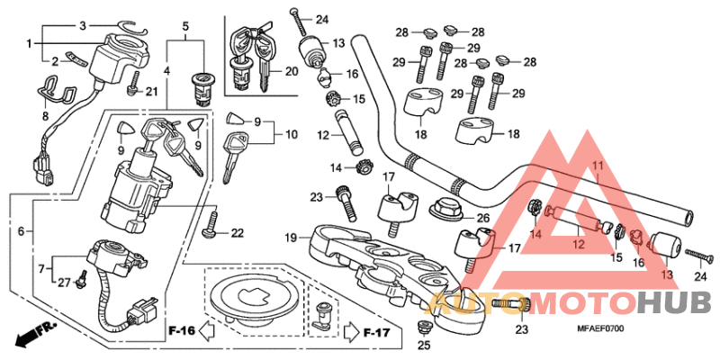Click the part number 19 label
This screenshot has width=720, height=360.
point(292,238)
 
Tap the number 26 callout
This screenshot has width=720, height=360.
point(483,218)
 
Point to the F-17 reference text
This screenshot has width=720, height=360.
point(376,333)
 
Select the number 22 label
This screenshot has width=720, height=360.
point(237,234)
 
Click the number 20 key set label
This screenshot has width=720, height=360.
point(291,71)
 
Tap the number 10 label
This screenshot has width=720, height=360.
point(291,135)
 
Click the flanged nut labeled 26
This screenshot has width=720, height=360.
point(445,209)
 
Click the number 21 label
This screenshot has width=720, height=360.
point(150,92)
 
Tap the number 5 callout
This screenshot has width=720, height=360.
point(186,26)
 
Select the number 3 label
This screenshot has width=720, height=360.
point(83,25)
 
